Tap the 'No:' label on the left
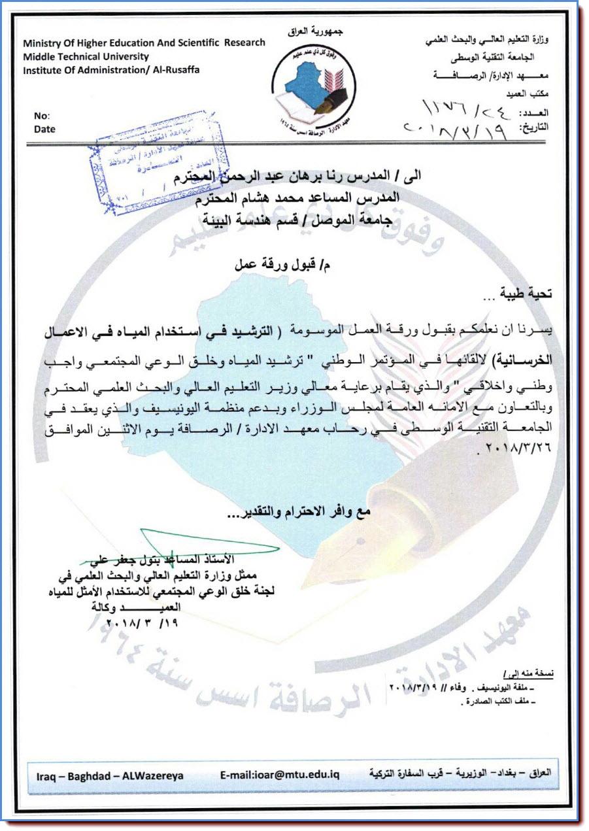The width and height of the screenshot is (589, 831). [x=42, y=116]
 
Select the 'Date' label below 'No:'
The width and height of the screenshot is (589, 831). [x=44, y=129]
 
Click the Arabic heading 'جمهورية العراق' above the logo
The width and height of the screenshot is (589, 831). [x=316, y=31]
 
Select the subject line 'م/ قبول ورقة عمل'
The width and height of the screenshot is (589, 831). [x=269, y=266]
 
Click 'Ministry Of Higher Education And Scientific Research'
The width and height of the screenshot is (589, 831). [x=144, y=43]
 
